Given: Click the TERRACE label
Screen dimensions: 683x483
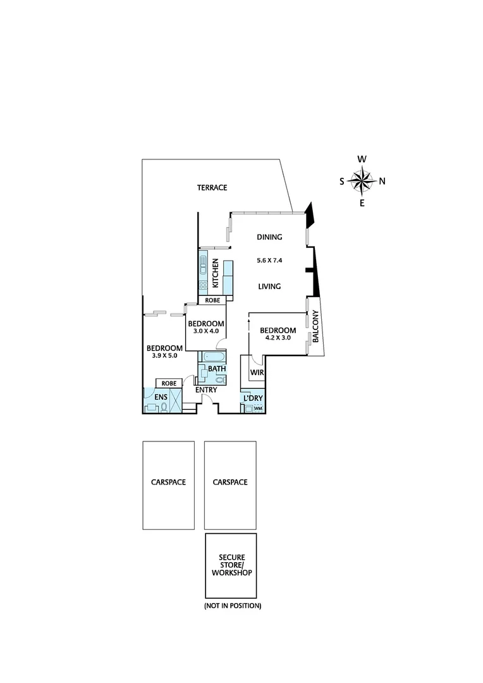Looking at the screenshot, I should pyautogui.click(x=212, y=188).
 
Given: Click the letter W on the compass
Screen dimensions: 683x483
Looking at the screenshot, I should pyautogui.click(x=362, y=159).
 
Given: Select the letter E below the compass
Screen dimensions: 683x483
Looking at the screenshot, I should pyautogui.click(x=362, y=203).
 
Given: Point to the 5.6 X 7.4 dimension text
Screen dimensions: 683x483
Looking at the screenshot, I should pyautogui.click(x=269, y=261).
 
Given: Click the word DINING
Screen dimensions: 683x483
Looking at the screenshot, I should pyautogui.click(x=269, y=237).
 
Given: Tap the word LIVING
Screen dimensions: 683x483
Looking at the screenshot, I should pyautogui.click(x=269, y=286).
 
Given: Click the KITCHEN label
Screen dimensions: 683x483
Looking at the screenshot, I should pyautogui.click(x=216, y=272).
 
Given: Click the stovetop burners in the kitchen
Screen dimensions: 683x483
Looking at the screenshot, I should pyautogui.click(x=204, y=285).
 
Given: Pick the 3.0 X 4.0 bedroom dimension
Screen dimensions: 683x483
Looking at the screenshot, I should pyautogui.click(x=205, y=331).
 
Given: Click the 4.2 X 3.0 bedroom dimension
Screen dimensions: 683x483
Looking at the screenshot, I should pyautogui.click(x=278, y=338).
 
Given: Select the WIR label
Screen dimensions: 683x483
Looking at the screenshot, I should pyautogui.click(x=257, y=372).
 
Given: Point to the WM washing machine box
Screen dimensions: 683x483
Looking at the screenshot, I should pyautogui.click(x=257, y=409).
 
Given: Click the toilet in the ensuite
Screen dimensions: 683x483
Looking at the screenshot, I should pyautogui.click(x=164, y=407).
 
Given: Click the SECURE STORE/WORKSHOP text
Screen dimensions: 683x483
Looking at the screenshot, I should pyautogui.click(x=231, y=565).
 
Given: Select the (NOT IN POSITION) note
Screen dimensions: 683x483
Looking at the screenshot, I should pyautogui.click(x=232, y=606).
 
